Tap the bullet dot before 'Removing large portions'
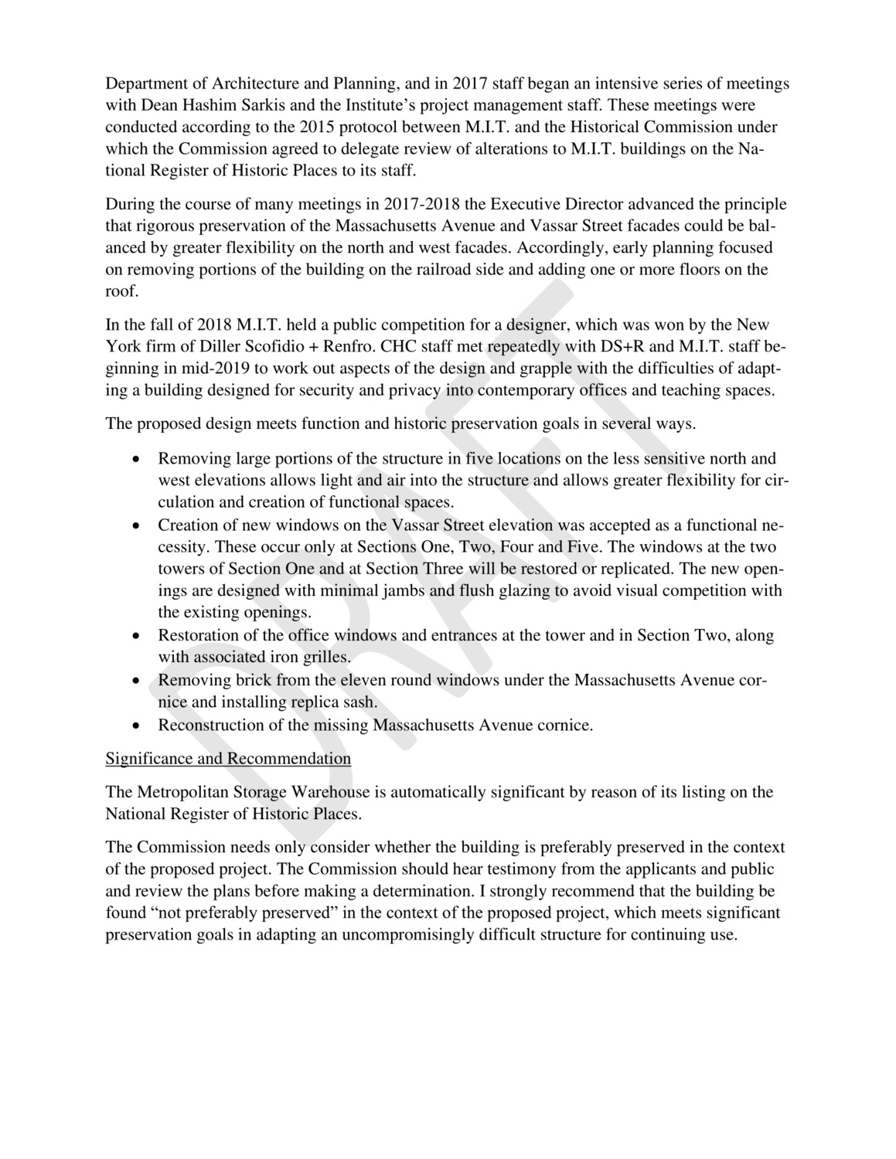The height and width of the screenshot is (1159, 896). pyautogui.click(x=136, y=459)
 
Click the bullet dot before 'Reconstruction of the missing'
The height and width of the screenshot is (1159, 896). pyautogui.click(x=136, y=726)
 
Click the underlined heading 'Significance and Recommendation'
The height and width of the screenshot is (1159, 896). pyautogui.click(x=228, y=758)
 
